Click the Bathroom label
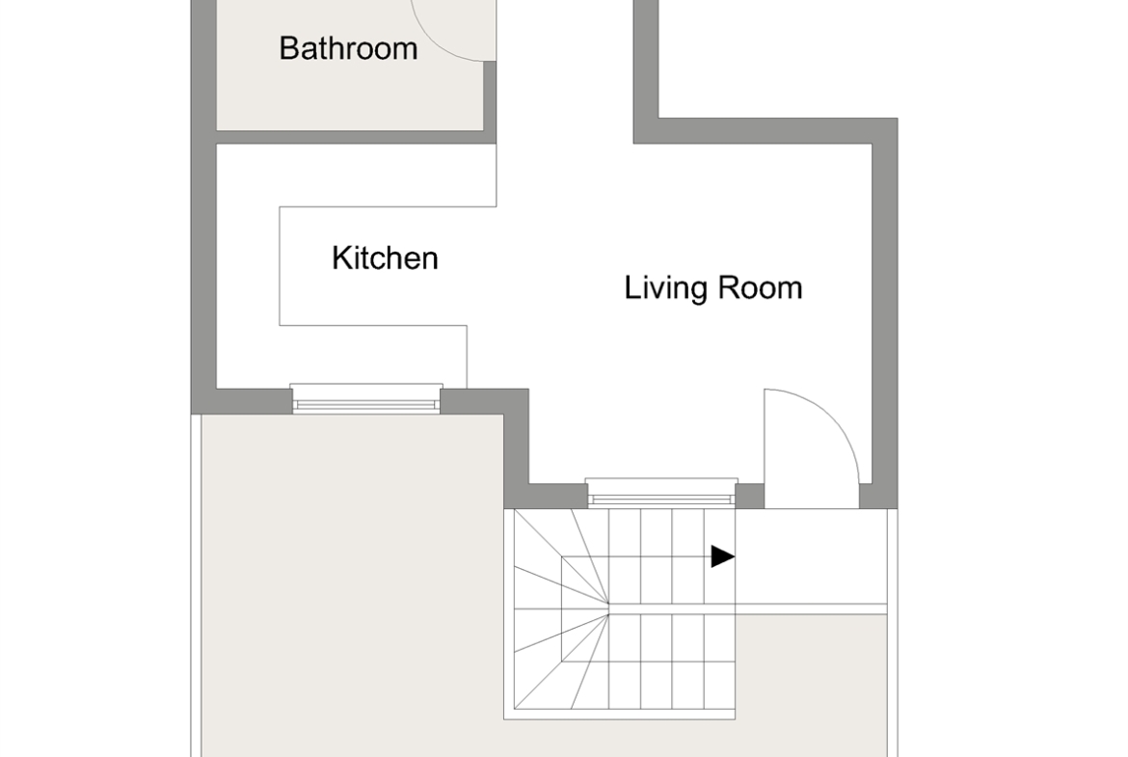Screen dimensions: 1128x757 coord(348,49)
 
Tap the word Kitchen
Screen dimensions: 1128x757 coord(385,258)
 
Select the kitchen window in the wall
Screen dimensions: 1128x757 coord(366,398)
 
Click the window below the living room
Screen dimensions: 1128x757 coord(661,492)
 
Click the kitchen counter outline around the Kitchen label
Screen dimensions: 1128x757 coord(280,266)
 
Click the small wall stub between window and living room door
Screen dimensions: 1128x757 coord(750,496)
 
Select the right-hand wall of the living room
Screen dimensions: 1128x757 coord(885,313)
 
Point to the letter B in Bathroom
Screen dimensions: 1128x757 coord(288,49)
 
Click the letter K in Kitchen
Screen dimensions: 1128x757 coord(341,258)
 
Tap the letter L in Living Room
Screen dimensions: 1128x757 coord(632,287)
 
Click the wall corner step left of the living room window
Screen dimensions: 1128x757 coord(517,448)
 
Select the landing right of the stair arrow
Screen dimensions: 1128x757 coord(811,557)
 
